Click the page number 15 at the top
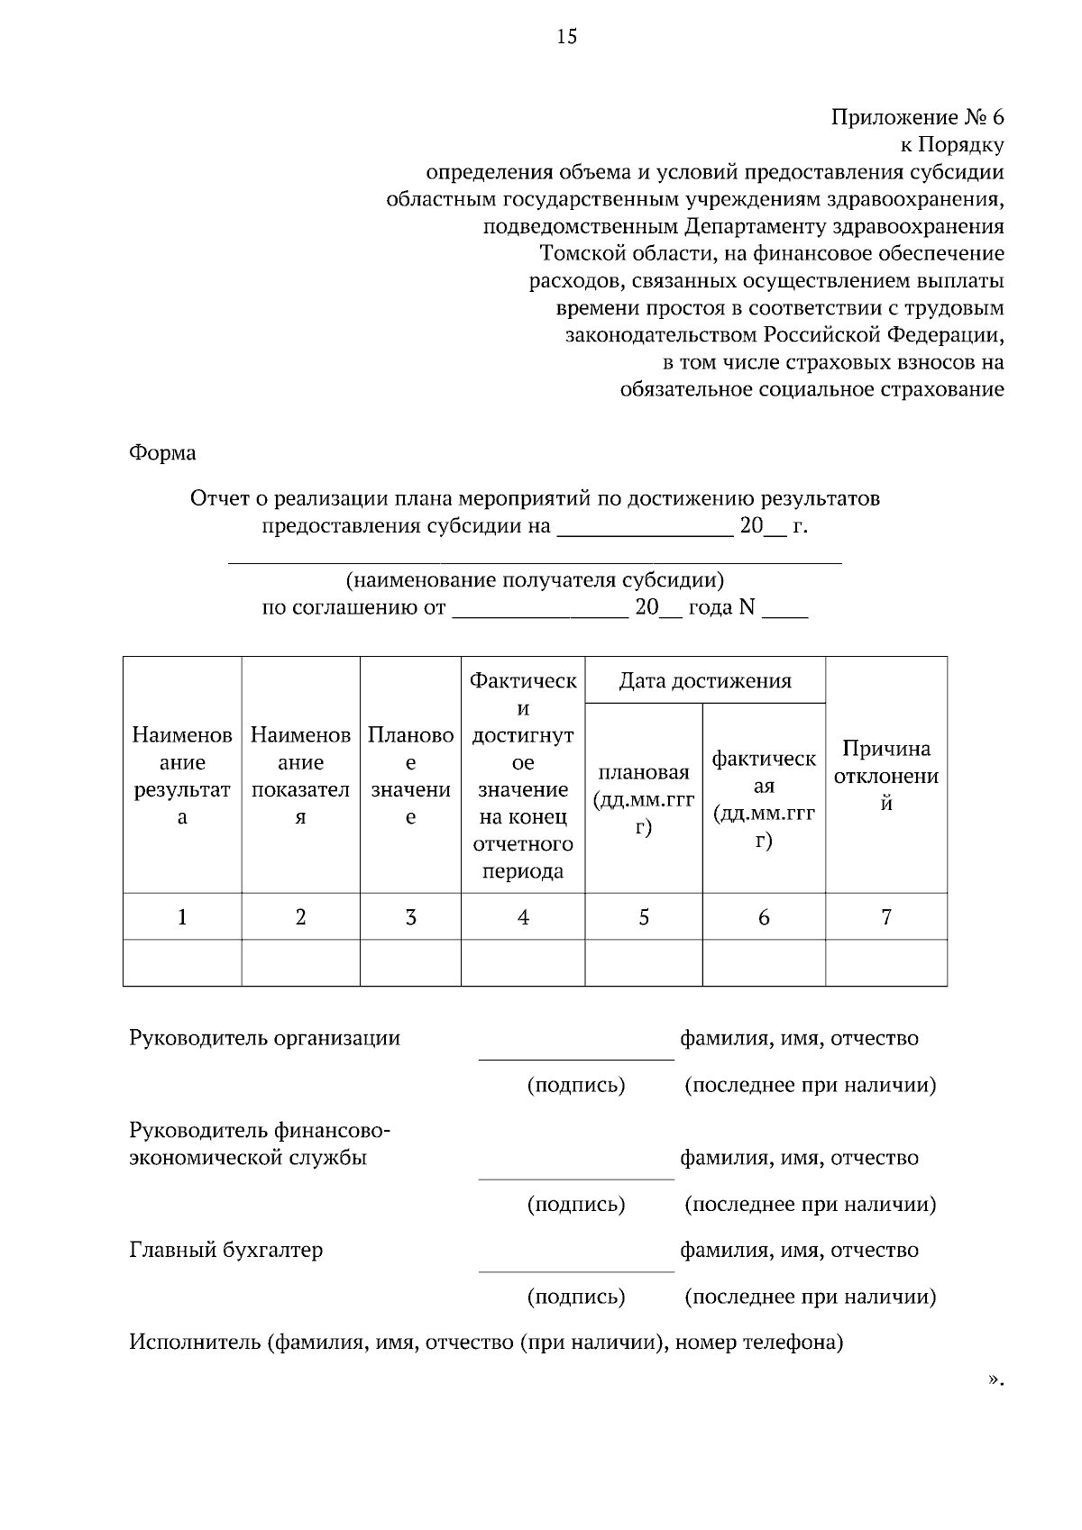click(x=566, y=37)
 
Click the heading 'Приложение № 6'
click(x=916, y=117)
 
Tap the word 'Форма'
click(x=162, y=452)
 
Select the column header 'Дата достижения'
click(x=705, y=680)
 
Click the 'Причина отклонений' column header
click(x=885, y=776)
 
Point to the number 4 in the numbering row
click(x=523, y=917)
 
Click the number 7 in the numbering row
click(x=886, y=917)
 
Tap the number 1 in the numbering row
click(x=182, y=917)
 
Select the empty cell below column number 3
click(x=410, y=963)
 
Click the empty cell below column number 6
click(x=764, y=963)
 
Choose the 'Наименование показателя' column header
click(x=300, y=776)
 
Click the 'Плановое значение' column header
click(x=410, y=776)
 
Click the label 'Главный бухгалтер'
click(x=226, y=1250)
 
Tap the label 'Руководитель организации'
click(x=264, y=1037)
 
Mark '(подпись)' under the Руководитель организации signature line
click(x=575, y=1084)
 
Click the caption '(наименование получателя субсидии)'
click(x=535, y=579)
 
